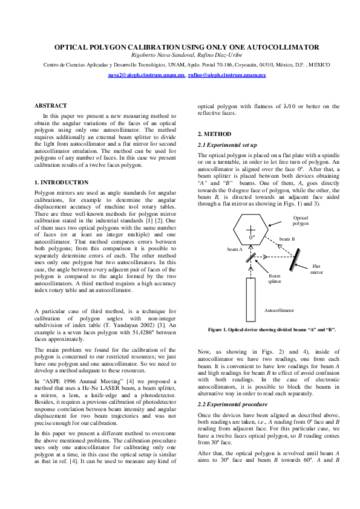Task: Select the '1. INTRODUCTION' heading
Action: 61,183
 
